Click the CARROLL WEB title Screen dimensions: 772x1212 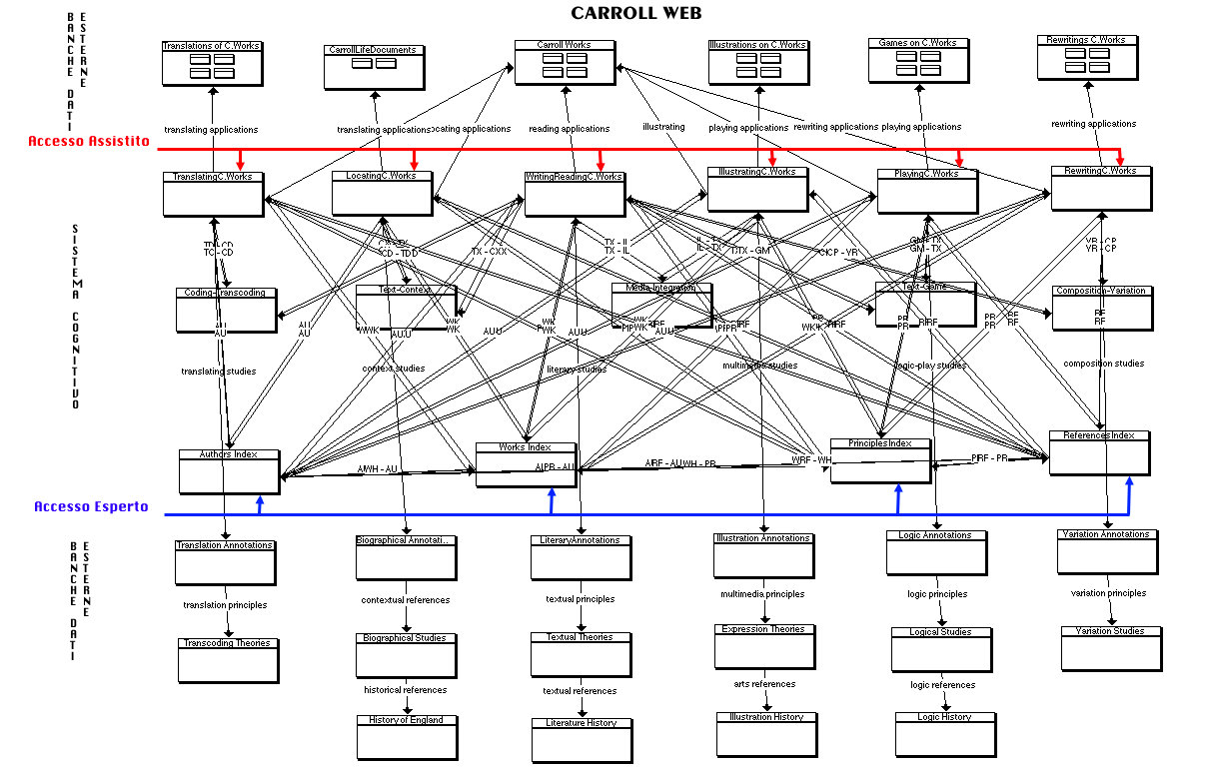click(x=636, y=13)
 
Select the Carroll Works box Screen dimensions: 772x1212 click(x=565, y=63)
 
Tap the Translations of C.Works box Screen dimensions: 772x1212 click(x=212, y=64)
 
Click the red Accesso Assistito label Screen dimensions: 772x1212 click(x=89, y=142)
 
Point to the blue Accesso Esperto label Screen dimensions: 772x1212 click(x=91, y=506)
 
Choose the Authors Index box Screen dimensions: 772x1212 click(x=229, y=471)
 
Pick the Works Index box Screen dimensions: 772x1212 click(x=526, y=464)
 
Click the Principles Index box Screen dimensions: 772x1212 click(x=880, y=460)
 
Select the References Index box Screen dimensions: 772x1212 click(x=1098, y=453)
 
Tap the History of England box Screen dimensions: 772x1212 click(x=407, y=737)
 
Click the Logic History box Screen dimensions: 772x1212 click(x=945, y=734)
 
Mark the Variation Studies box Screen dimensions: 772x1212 click(x=1111, y=648)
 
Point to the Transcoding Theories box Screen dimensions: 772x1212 click(x=228, y=660)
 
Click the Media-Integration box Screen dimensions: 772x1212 click(x=661, y=306)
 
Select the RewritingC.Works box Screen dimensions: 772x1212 click(x=1100, y=188)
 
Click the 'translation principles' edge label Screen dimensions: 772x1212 click(x=225, y=605)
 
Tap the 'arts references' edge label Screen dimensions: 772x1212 click(x=763, y=684)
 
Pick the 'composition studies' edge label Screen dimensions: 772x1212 click(x=1103, y=364)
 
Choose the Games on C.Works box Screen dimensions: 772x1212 click(x=917, y=61)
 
